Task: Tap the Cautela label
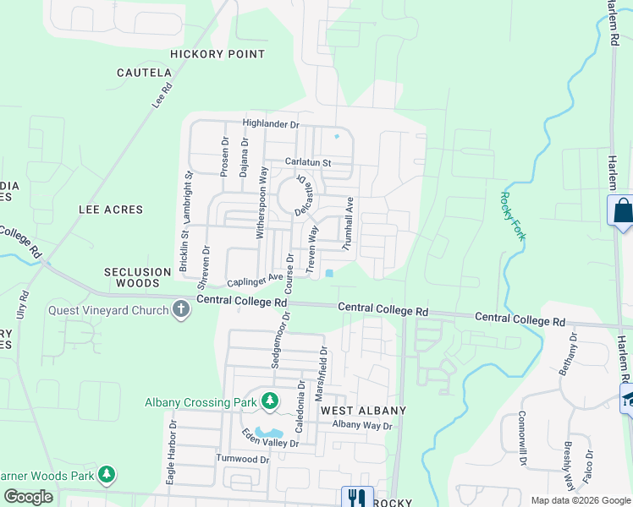(144, 74)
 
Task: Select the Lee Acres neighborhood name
(111, 209)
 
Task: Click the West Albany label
(363, 411)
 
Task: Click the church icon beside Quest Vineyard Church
(180, 310)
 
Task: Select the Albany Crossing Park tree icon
(270, 401)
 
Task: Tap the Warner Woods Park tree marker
(106, 475)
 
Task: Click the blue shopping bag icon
(622, 210)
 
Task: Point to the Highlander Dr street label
(271, 124)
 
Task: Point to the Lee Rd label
(162, 94)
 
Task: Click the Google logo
(28, 497)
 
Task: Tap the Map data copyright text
(580, 500)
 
